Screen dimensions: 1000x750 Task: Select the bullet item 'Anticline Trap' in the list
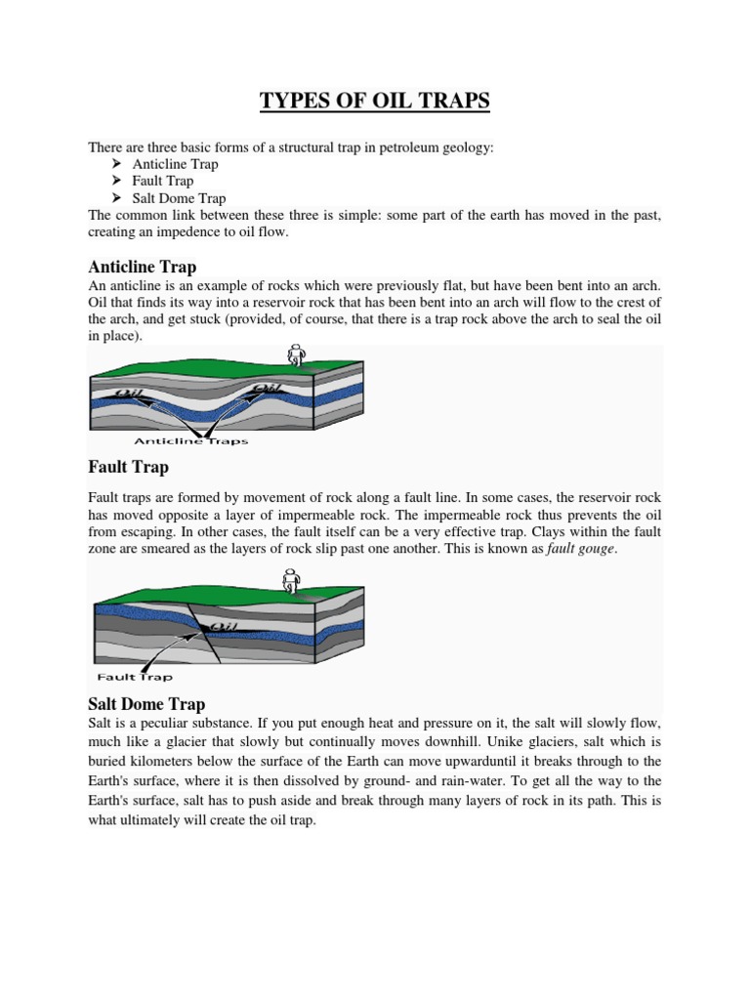pyautogui.click(x=176, y=164)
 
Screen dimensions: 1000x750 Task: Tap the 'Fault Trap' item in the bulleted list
pyautogui.click(x=163, y=181)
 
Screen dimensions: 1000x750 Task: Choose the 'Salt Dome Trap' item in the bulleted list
pyautogui.click(x=179, y=198)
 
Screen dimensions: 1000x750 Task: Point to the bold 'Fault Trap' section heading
pyautogui.click(x=129, y=468)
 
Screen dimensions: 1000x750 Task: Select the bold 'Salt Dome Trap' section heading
pyautogui.click(x=146, y=703)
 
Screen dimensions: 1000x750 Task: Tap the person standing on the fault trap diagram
pyautogui.click(x=290, y=582)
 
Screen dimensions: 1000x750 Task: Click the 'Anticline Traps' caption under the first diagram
pyautogui.click(x=190, y=441)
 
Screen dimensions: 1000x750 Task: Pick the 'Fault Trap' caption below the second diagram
pyautogui.click(x=135, y=677)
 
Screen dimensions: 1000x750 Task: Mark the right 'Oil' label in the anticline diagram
pyautogui.click(x=268, y=390)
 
